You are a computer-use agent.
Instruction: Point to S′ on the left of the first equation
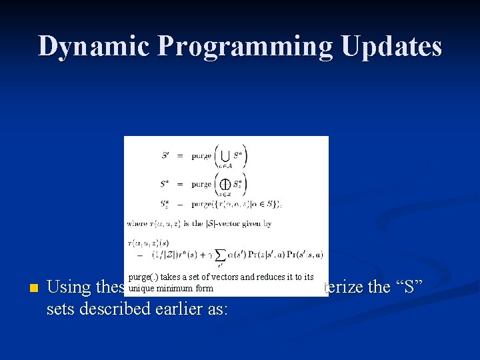(165, 156)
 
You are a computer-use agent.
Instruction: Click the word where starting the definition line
(137, 224)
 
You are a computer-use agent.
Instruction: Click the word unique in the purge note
(141, 289)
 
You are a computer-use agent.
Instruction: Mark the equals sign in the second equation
(181, 183)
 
